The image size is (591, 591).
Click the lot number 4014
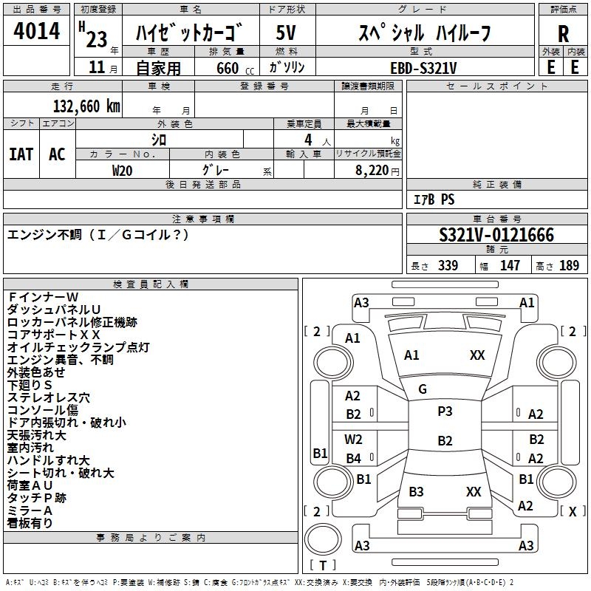point(36,31)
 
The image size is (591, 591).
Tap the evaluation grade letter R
point(563,34)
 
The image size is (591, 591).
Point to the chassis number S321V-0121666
point(496,235)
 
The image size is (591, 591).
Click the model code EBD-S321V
point(423,67)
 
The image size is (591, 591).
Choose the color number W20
point(123,169)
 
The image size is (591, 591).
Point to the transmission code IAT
point(21,154)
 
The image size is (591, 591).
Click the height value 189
point(570,266)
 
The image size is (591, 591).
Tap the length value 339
point(448,266)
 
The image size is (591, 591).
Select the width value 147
point(510,266)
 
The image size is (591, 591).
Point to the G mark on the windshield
point(423,389)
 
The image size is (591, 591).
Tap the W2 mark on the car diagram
point(353,440)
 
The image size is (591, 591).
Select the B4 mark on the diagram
point(353,459)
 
